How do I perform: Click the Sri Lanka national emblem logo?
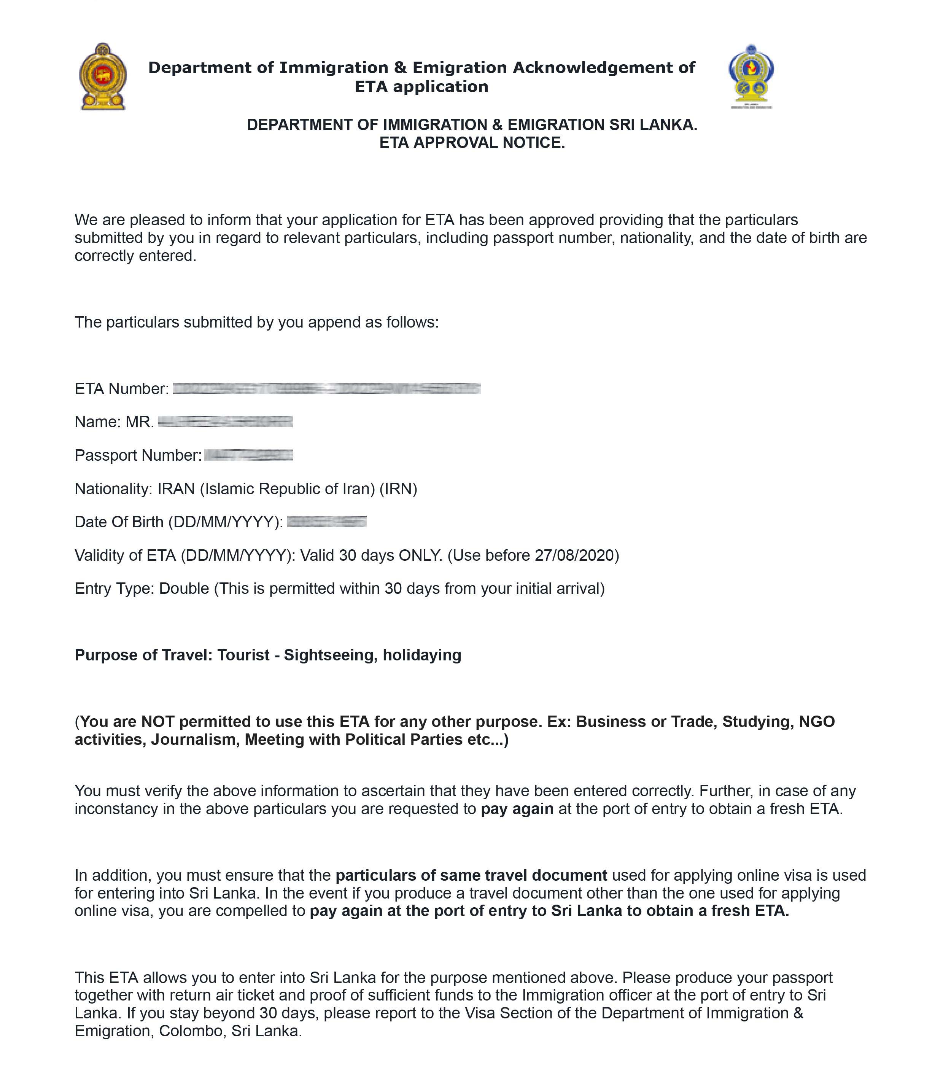tap(103, 77)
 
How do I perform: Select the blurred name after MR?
tap(225, 422)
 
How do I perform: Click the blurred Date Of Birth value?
tap(327, 522)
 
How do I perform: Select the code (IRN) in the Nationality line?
tap(398, 489)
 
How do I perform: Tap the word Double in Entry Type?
tap(184, 589)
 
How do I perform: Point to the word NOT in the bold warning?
tap(160, 722)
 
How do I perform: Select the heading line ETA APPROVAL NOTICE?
tap(472, 143)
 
